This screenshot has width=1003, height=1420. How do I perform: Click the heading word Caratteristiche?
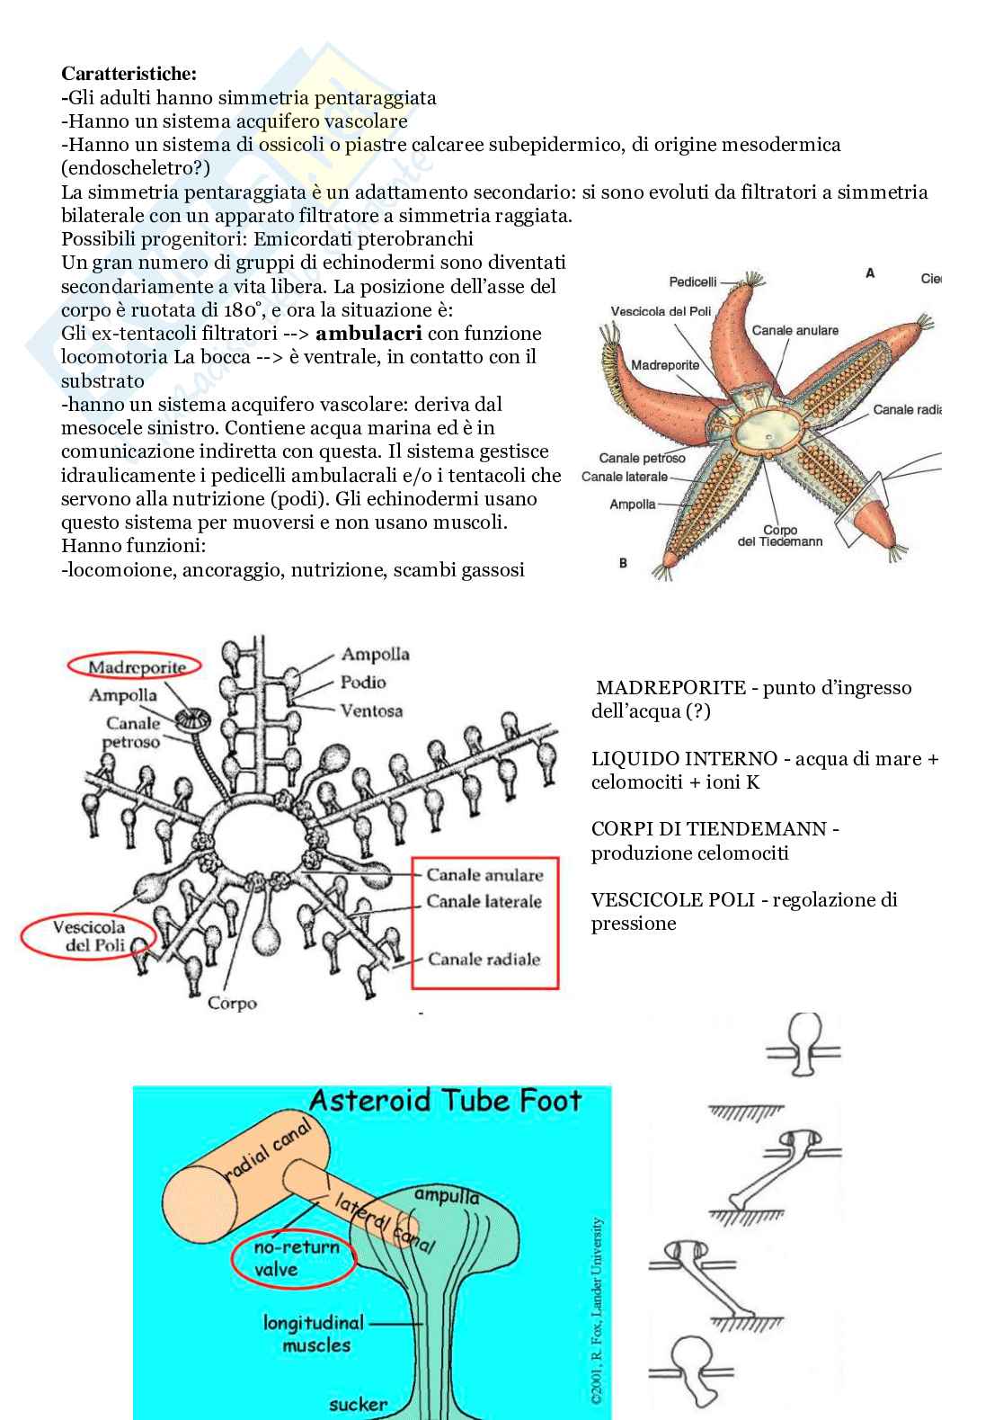(129, 74)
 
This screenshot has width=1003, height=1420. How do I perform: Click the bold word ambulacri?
(369, 334)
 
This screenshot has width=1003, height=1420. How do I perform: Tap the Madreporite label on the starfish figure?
(664, 365)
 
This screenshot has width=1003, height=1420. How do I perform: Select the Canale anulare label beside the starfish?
(794, 330)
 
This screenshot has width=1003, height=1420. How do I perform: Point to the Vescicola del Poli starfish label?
(661, 311)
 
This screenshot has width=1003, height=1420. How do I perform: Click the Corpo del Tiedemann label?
(779, 536)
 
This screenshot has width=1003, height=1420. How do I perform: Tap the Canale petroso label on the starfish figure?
(642, 458)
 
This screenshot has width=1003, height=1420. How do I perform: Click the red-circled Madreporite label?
(134, 667)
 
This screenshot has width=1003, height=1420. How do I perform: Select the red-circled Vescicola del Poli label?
(88, 936)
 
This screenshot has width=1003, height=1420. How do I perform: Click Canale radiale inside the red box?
(484, 959)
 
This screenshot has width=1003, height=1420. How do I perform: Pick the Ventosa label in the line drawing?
(371, 710)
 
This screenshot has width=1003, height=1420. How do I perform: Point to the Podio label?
(363, 683)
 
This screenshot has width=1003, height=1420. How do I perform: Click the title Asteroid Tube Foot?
(445, 1100)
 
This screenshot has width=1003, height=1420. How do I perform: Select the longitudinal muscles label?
(314, 1334)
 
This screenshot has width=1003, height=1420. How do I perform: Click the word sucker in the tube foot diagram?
(358, 1404)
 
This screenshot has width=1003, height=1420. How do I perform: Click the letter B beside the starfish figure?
(623, 563)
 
